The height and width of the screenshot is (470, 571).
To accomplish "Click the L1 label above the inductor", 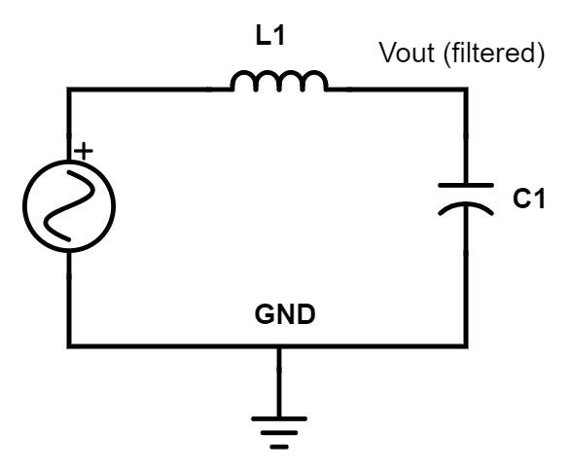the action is click(269, 36).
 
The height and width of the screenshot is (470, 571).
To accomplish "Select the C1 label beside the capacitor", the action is click(529, 199).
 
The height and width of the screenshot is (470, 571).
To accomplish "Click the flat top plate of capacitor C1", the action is click(466, 186).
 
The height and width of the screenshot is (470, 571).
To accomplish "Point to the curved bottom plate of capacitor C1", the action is click(466, 204).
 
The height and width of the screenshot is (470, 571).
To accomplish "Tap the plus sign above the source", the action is click(84, 151).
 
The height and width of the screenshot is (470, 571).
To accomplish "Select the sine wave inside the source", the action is click(69, 206).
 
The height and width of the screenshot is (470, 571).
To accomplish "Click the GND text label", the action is click(285, 314).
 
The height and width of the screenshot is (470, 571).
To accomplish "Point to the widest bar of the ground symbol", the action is click(279, 419).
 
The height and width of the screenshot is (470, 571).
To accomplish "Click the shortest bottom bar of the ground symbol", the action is click(279, 447).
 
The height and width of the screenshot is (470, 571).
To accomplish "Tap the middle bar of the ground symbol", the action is click(279, 433).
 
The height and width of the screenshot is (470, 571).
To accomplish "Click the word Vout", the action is click(408, 53).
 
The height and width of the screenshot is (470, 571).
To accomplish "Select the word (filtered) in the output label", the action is click(494, 54).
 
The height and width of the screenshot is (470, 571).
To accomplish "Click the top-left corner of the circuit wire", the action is click(69, 90).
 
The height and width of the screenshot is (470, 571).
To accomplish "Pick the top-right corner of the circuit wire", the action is click(466, 90).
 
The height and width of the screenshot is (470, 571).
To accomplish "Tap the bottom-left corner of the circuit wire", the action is click(69, 345).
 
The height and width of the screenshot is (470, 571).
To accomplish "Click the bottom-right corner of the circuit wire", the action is click(466, 345).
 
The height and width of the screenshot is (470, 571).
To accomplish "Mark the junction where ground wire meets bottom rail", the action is click(279, 345).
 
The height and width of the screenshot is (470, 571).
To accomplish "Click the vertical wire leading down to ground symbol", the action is click(279, 382).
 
